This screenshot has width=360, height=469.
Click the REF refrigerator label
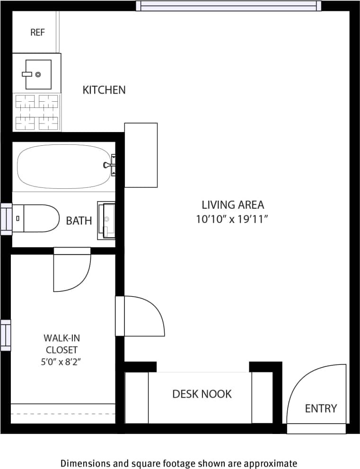tap(37, 32)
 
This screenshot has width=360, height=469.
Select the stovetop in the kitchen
tap(37, 112)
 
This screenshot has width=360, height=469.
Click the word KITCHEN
tap(104, 89)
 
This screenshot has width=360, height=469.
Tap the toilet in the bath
tap(35, 218)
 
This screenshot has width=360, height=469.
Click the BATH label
tap(79, 221)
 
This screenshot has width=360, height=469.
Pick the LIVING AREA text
tap(233, 205)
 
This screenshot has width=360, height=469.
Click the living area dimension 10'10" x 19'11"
tap(232, 219)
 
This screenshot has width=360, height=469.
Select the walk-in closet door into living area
tap(140, 316)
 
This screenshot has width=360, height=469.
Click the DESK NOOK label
tap(202, 394)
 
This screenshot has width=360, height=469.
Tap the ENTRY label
tap(321, 408)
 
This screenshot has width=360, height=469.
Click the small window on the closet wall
tap(5, 335)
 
